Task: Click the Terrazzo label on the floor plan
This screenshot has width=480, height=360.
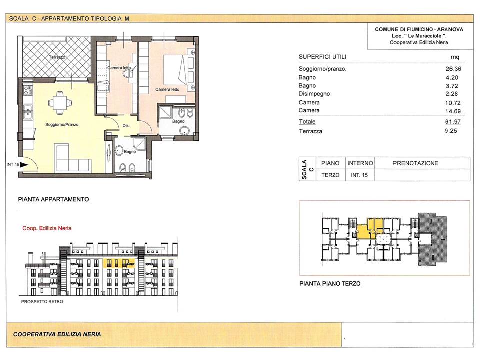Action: pyautogui.click(x=57, y=57)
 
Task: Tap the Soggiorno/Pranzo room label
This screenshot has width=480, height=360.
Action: pyautogui.click(x=62, y=125)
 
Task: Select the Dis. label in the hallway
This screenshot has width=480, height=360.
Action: pyautogui.click(x=126, y=126)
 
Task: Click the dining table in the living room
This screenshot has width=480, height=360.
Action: pyautogui.click(x=60, y=103)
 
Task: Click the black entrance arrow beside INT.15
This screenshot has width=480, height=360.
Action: pyautogui.click(x=24, y=165)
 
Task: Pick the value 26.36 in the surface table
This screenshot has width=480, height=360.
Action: pyautogui.click(x=453, y=69)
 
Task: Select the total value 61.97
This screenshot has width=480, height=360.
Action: pyautogui.click(x=453, y=122)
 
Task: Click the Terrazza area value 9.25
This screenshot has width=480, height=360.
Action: pyautogui.click(x=451, y=131)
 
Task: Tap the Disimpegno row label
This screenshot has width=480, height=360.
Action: pyautogui.click(x=314, y=94)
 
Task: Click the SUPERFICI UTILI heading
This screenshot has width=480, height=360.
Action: pyautogui.click(x=322, y=57)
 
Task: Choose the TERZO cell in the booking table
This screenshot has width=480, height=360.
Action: pyautogui.click(x=330, y=175)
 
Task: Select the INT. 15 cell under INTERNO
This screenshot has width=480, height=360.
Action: pyautogui.click(x=359, y=175)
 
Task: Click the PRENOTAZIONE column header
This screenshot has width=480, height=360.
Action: pyautogui.click(x=415, y=163)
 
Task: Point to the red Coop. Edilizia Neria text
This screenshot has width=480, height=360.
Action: pyautogui.click(x=47, y=228)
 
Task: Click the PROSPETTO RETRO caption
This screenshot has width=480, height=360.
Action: pyautogui.click(x=42, y=302)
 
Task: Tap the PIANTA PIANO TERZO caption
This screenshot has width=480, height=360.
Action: pyautogui.click(x=330, y=284)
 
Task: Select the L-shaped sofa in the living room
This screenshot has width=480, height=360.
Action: pyautogui.click(x=73, y=158)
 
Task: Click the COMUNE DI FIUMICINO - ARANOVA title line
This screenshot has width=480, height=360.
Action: pyautogui.click(x=419, y=29)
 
